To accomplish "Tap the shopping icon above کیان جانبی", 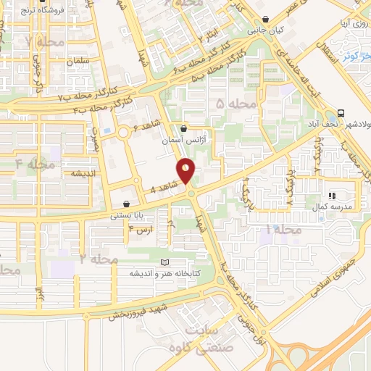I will tap(267, 20).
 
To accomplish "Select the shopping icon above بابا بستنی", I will tap(128, 204).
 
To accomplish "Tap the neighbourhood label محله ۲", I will tap(98, 258).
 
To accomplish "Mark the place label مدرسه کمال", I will tap(335, 207).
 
